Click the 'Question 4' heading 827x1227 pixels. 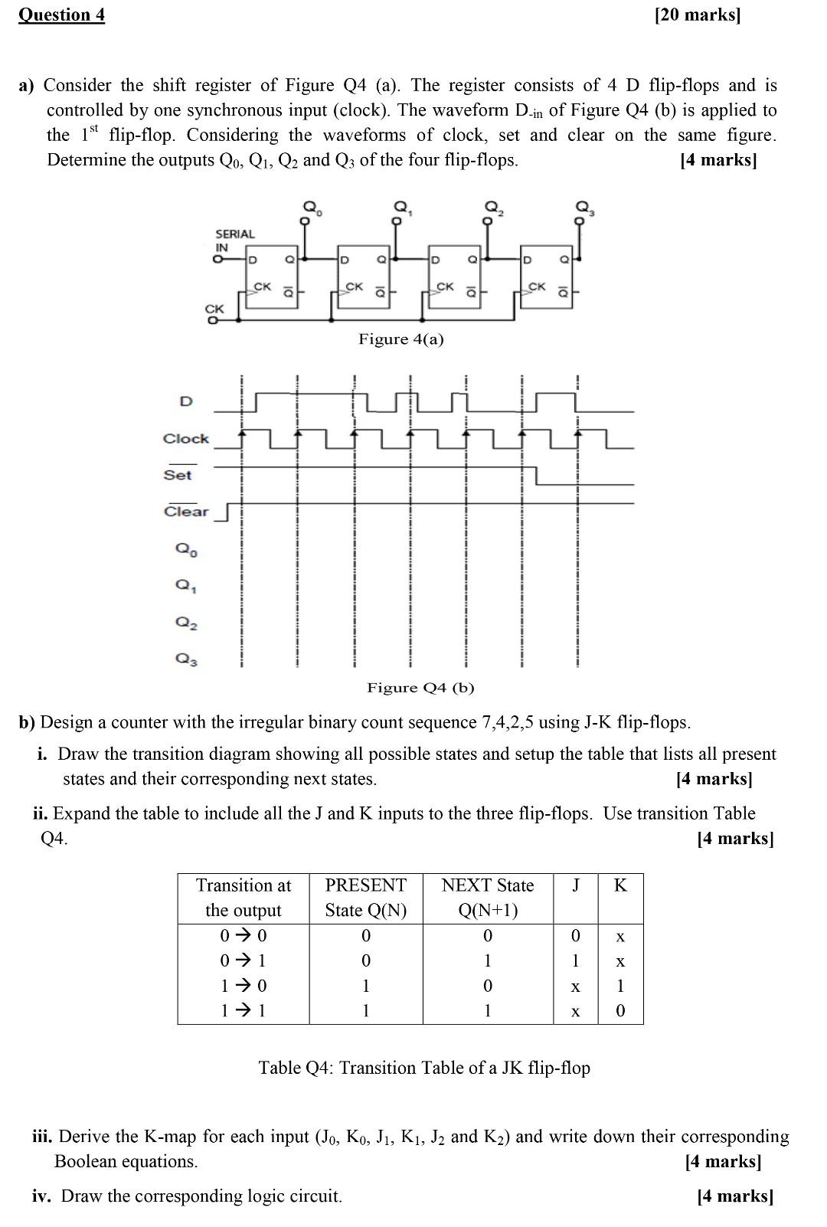pyautogui.click(x=61, y=15)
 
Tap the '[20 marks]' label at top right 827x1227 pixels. pyautogui.click(x=698, y=15)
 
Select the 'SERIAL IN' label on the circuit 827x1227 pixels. pyautogui.click(x=234, y=240)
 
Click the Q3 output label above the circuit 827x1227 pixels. pyautogui.click(x=584, y=206)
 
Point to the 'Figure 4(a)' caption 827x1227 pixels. pyautogui.click(x=400, y=339)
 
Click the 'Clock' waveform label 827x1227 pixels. pyautogui.click(x=185, y=439)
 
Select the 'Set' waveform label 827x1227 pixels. pyautogui.click(x=178, y=475)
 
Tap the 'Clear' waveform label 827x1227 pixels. pyautogui.click(x=186, y=512)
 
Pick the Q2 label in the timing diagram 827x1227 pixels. pyautogui.click(x=186, y=623)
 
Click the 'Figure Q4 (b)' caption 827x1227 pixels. pyautogui.click(x=420, y=688)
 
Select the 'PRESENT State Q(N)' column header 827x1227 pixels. pyautogui.click(x=366, y=898)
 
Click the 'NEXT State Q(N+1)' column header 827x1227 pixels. pyautogui.click(x=488, y=898)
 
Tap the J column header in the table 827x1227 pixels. pyautogui.click(x=575, y=885)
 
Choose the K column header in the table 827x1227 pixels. pyautogui.click(x=620, y=885)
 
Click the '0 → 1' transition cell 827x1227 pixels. pyautogui.click(x=243, y=960)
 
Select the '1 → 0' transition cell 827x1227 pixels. pyautogui.click(x=243, y=986)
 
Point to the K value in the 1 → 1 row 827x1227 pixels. pyautogui.click(x=620, y=1011)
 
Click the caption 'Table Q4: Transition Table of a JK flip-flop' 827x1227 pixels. pyautogui.click(x=424, y=1068)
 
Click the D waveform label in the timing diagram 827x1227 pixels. pyautogui.click(x=185, y=401)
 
